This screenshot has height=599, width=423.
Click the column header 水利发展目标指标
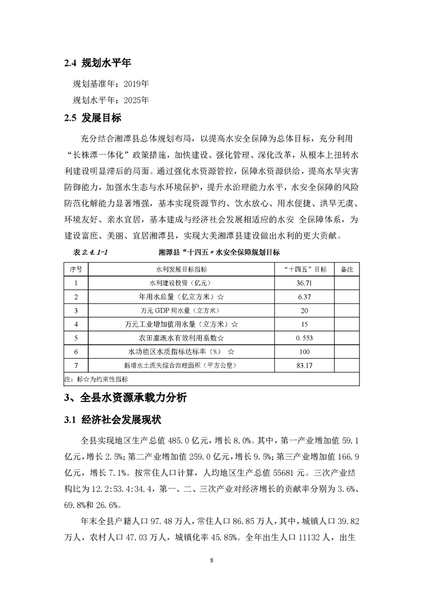pos(181,269)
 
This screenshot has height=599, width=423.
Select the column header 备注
pos(347,269)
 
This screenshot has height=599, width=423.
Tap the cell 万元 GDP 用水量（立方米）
pos(181,310)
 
